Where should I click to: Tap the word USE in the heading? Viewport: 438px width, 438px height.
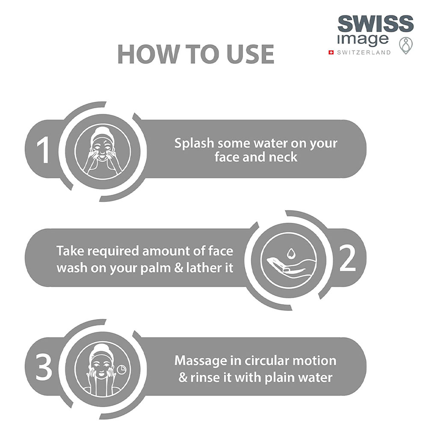(250, 54)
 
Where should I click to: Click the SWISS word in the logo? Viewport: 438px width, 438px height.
(376, 24)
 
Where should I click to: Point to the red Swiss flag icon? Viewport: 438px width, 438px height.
(331, 52)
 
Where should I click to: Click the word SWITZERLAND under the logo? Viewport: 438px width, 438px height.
(364, 52)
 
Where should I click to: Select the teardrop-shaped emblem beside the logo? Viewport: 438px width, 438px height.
(406, 45)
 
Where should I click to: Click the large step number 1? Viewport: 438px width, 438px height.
(44, 150)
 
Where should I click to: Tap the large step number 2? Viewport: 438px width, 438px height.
(348, 258)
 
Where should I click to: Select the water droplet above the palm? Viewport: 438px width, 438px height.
(291, 253)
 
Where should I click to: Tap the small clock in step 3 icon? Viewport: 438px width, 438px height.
(121, 369)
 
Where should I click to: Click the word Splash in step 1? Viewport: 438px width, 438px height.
(194, 143)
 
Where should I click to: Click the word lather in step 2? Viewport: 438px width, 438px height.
(202, 268)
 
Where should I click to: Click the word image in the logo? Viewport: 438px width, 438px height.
(363, 39)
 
